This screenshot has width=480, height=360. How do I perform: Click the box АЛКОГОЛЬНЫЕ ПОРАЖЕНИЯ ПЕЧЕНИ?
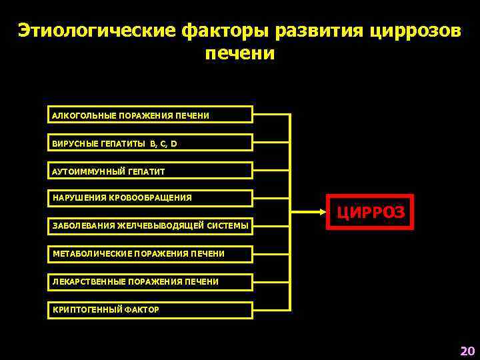[x=151, y=115]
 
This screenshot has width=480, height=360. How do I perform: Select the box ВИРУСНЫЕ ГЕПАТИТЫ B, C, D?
[x=151, y=143]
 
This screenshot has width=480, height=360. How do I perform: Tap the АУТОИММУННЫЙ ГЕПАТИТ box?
[x=151, y=171]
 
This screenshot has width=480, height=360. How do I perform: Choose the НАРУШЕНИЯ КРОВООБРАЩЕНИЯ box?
[x=151, y=198]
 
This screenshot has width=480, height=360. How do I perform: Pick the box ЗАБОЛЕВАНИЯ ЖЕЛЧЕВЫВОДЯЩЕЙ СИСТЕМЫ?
[x=151, y=226]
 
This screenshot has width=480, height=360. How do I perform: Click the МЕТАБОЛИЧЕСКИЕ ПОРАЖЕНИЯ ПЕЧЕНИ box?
[x=151, y=254]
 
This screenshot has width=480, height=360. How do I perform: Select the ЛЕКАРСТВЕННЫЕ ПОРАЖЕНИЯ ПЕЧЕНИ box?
[x=151, y=282]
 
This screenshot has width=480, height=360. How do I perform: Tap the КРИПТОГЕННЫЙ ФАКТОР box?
[x=151, y=310]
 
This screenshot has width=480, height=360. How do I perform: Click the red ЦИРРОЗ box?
[x=370, y=212]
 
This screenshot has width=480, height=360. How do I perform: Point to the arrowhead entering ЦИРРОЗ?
[x=321, y=212]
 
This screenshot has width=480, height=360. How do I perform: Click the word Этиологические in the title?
[x=96, y=31]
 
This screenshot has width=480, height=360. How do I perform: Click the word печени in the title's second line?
[x=239, y=53]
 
